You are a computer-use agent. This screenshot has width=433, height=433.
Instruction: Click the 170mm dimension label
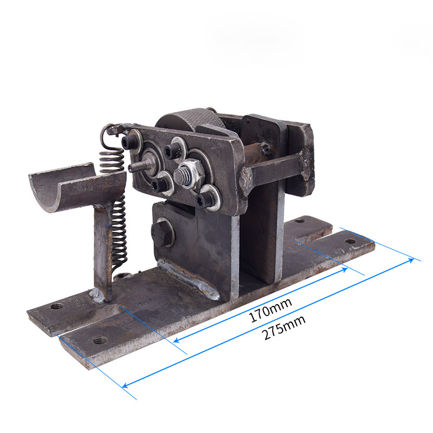(270, 310)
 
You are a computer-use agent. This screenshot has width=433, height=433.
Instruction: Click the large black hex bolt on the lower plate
(162, 232)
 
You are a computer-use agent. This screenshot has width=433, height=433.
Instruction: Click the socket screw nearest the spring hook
(129, 142)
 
